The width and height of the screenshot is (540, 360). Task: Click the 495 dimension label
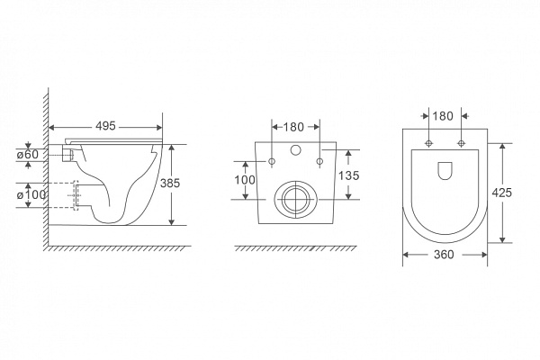(105, 126)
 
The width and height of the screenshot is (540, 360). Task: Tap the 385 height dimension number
(170, 183)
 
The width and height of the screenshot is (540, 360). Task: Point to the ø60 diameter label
(28, 154)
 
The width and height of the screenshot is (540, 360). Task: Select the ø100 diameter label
(31, 194)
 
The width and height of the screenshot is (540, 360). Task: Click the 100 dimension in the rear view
(245, 180)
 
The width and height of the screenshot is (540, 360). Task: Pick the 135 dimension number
(348, 175)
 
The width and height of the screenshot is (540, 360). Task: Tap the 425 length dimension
(502, 193)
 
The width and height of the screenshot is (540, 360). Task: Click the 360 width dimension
(444, 255)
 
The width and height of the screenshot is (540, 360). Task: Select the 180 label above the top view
(443, 116)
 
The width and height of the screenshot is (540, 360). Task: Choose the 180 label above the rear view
(293, 127)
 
